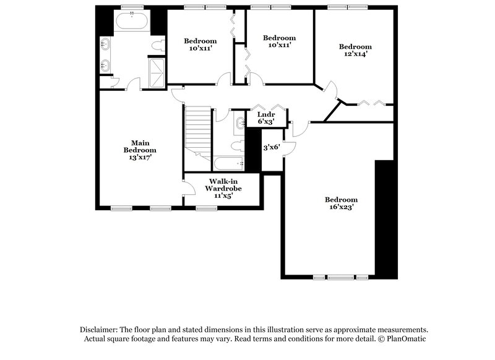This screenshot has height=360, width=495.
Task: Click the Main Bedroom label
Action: tap(139, 146)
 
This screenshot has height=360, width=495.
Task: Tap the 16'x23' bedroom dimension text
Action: tap(342, 208)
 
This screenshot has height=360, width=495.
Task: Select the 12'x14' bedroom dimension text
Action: tap(355, 54)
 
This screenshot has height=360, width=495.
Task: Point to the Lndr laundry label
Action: tap(267, 114)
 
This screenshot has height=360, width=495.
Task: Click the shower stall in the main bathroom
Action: tap(155, 72)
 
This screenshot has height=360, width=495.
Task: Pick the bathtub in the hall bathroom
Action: tap(227, 163)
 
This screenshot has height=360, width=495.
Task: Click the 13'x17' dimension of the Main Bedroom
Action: tap(139, 157)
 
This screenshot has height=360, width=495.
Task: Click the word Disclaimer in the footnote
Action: tap(101, 330)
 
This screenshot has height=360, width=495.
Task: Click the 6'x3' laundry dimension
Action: tap(267, 122)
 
